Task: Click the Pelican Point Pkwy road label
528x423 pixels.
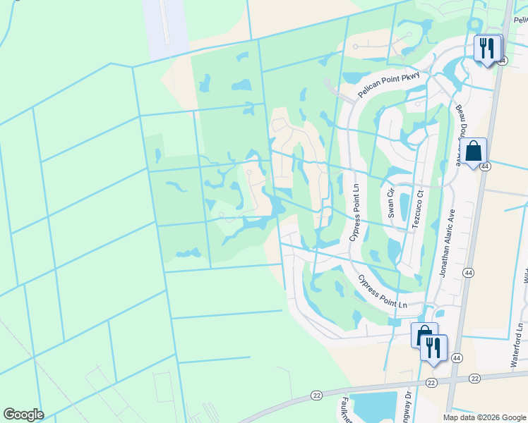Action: (x=388, y=84)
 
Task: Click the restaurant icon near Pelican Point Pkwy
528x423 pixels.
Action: (x=486, y=48)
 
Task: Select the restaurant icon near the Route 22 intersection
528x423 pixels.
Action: (x=433, y=348)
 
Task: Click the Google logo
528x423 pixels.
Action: (x=23, y=415)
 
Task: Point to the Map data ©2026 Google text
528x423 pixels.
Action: (x=484, y=417)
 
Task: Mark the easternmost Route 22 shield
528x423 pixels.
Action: (x=474, y=379)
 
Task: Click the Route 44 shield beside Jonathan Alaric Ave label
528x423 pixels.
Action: (x=468, y=271)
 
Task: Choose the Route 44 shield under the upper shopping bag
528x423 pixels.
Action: (x=485, y=166)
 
